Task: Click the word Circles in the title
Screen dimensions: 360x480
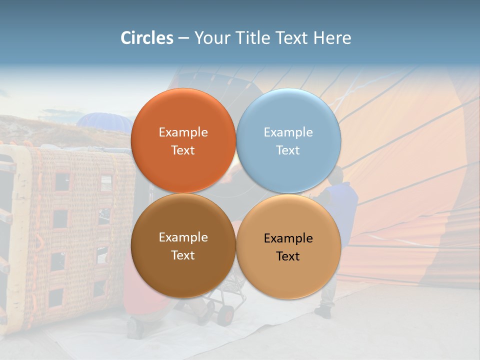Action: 147,38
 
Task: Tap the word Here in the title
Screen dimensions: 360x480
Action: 332,38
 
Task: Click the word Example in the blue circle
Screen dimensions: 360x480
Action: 288,132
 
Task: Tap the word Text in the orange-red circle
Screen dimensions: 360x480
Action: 183,150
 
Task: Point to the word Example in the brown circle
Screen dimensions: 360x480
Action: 183,237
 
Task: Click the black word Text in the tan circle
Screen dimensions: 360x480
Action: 288,256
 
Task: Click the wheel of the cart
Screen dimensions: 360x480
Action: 226,313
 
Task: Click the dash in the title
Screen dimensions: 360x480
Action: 183,38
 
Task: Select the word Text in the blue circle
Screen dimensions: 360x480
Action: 288,150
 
